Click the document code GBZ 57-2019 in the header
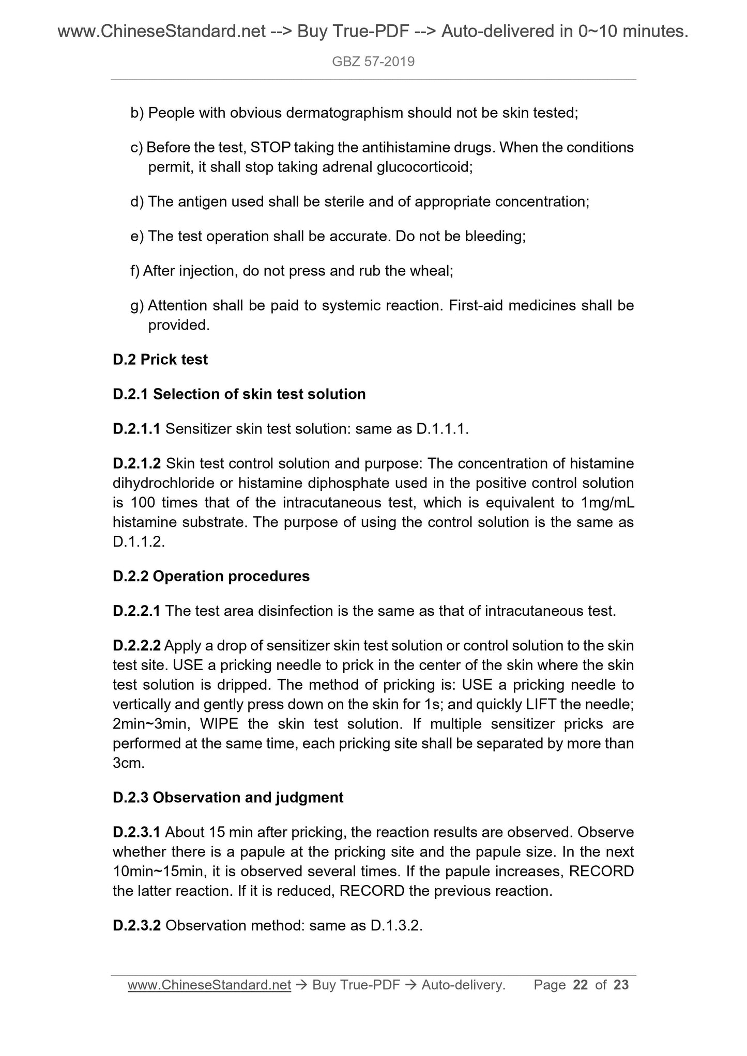[x=373, y=62]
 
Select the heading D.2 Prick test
[x=160, y=360]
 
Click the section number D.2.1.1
[x=136, y=429]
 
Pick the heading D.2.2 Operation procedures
[x=211, y=576]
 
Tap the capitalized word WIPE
[x=219, y=724]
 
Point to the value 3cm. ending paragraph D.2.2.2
[x=128, y=763]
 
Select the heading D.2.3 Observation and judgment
[x=227, y=798]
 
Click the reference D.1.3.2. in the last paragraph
[x=397, y=925]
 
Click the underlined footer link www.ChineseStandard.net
[x=209, y=985]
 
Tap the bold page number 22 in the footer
[x=581, y=985]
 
